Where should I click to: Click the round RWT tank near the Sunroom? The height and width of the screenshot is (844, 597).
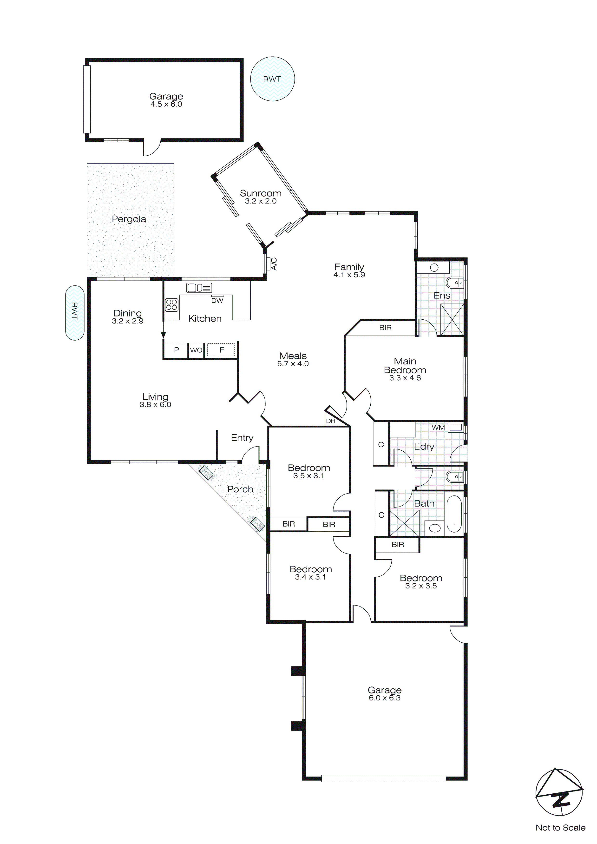pos(272,79)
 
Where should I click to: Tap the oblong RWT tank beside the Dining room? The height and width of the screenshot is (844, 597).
pos(75,313)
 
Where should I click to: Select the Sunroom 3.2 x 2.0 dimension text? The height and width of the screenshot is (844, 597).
pos(261,201)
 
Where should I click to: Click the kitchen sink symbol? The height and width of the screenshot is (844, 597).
pos(199,287)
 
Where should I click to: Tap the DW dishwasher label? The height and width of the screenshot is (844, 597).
pos(217,301)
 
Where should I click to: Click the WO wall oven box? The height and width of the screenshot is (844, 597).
pos(196,350)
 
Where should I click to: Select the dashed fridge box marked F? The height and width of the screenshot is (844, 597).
pos(221,350)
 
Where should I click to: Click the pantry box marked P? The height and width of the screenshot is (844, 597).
pos(176,350)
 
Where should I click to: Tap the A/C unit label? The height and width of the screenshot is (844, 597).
pos(274,264)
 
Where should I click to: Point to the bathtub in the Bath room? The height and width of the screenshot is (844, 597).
pos(454,514)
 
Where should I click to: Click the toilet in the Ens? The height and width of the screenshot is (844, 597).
pos(455,283)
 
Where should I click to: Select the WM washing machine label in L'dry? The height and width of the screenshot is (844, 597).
pos(438,428)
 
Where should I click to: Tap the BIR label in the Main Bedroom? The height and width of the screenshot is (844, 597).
pos(385,328)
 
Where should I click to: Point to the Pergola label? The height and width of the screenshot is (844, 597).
pos(129,219)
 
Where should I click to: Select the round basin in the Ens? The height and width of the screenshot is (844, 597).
pos(434,268)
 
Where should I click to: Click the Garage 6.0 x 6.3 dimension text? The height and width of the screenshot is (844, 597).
pos(385,698)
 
